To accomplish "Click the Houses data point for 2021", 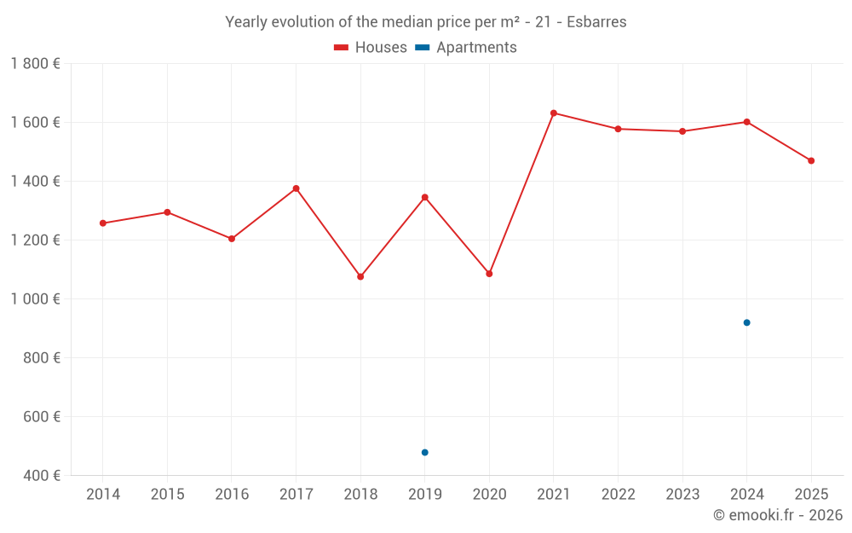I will pyautogui.click(x=554, y=113).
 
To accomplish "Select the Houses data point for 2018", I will pyautogui.click(x=360, y=276).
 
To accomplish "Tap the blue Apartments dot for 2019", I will pyautogui.click(x=424, y=452).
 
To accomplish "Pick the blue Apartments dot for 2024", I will pyautogui.click(x=746, y=322).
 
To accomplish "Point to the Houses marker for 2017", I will pyautogui.click(x=296, y=188).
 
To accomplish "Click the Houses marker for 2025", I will pyautogui.click(x=811, y=160).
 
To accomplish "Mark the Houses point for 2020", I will pyautogui.click(x=489, y=274).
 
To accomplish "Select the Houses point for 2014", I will pyautogui.click(x=103, y=223).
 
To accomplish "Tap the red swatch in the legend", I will pyautogui.click(x=341, y=48).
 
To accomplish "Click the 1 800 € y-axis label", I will pyautogui.click(x=35, y=64).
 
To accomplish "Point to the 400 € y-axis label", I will pyautogui.click(x=41, y=475).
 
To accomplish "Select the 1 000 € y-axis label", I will pyautogui.click(x=35, y=298).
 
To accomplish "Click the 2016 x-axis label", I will pyautogui.click(x=232, y=495).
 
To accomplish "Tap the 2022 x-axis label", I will pyautogui.click(x=618, y=495).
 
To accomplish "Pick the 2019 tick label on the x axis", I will pyautogui.click(x=424, y=495).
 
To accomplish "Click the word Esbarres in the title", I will pyautogui.click(x=596, y=22).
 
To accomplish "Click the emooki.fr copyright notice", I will pyautogui.click(x=777, y=515).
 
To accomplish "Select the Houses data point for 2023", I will pyautogui.click(x=682, y=131).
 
